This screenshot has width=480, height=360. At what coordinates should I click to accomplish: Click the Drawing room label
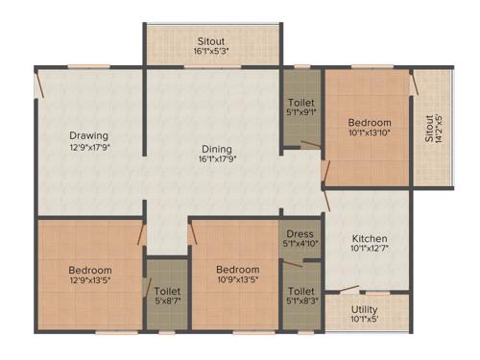click(87, 135)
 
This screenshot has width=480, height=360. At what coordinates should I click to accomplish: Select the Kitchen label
click(369, 238)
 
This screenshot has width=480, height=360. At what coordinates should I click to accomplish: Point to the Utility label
click(364, 309)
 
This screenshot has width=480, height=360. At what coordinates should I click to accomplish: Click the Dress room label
click(299, 232)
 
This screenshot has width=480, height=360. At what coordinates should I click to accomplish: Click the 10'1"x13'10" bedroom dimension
click(369, 134)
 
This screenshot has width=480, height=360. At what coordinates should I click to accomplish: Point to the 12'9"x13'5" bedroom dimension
click(90, 282)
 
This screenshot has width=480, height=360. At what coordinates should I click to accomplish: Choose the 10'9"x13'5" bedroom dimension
click(236, 281)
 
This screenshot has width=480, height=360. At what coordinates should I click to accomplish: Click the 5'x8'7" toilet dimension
click(166, 302)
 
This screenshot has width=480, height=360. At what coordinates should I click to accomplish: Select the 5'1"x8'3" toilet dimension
click(300, 302)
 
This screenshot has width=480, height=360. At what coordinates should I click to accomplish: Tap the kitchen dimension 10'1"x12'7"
click(369, 250)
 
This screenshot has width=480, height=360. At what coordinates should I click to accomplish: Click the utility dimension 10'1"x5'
click(364, 320)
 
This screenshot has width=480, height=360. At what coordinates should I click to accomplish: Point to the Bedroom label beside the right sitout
click(369, 123)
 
